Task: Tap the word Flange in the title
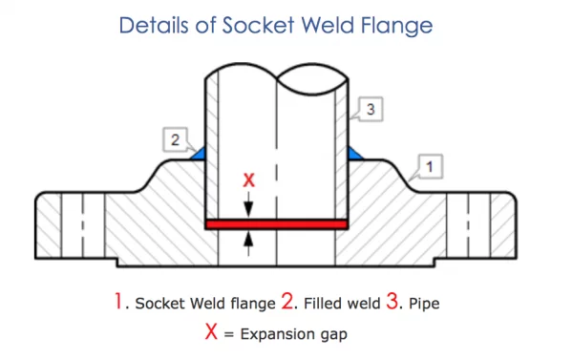(x=414, y=26)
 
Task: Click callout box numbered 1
(x=431, y=167)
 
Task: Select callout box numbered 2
(x=175, y=140)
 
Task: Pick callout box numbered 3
(x=372, y=110)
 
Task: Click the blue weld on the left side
(x=201, y=152)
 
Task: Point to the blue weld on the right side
(x=354, y=152)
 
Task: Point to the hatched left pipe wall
(x=214, y=143)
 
